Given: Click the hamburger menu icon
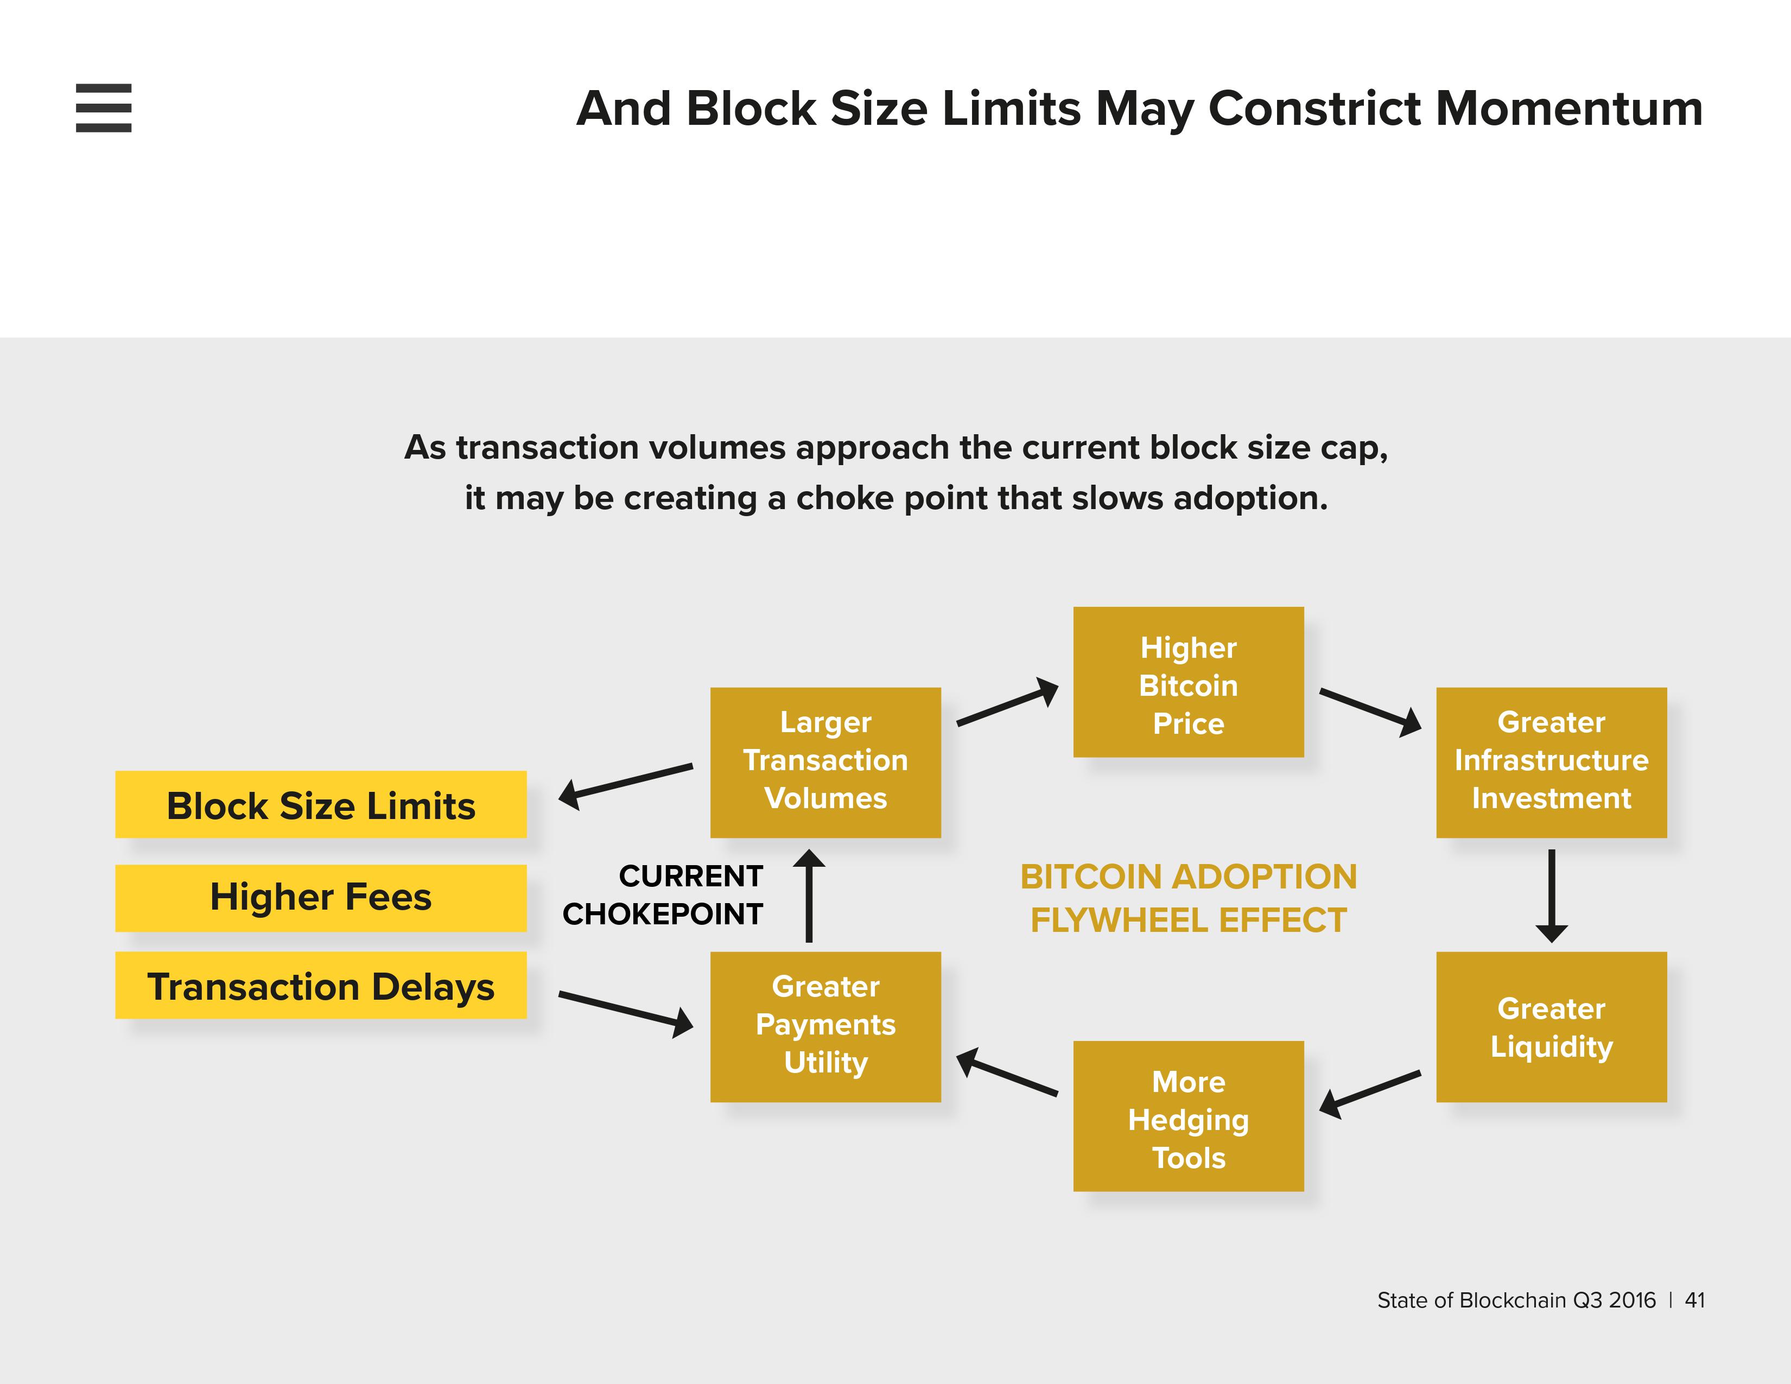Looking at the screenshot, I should [x=103, y=107].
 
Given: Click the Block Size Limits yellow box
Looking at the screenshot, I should [x=321, y=804].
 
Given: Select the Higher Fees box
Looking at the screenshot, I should [x=321, y=898].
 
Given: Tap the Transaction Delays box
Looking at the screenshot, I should [x=321, y=986].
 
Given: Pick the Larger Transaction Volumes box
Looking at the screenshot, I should [x=825, y=761].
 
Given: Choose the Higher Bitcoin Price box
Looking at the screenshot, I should [x=1187, y=682].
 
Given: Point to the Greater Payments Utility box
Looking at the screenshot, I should [x=825, y=1026].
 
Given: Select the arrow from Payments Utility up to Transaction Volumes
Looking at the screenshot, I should [x=809, y=896].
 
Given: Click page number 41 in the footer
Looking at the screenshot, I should [x=1694, y=1300].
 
